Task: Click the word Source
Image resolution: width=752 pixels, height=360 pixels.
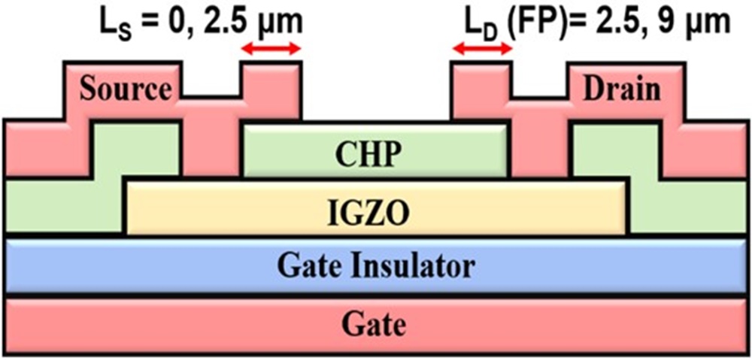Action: coord(126,89)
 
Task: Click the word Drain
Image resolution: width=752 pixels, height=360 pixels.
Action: coord(621,89)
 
